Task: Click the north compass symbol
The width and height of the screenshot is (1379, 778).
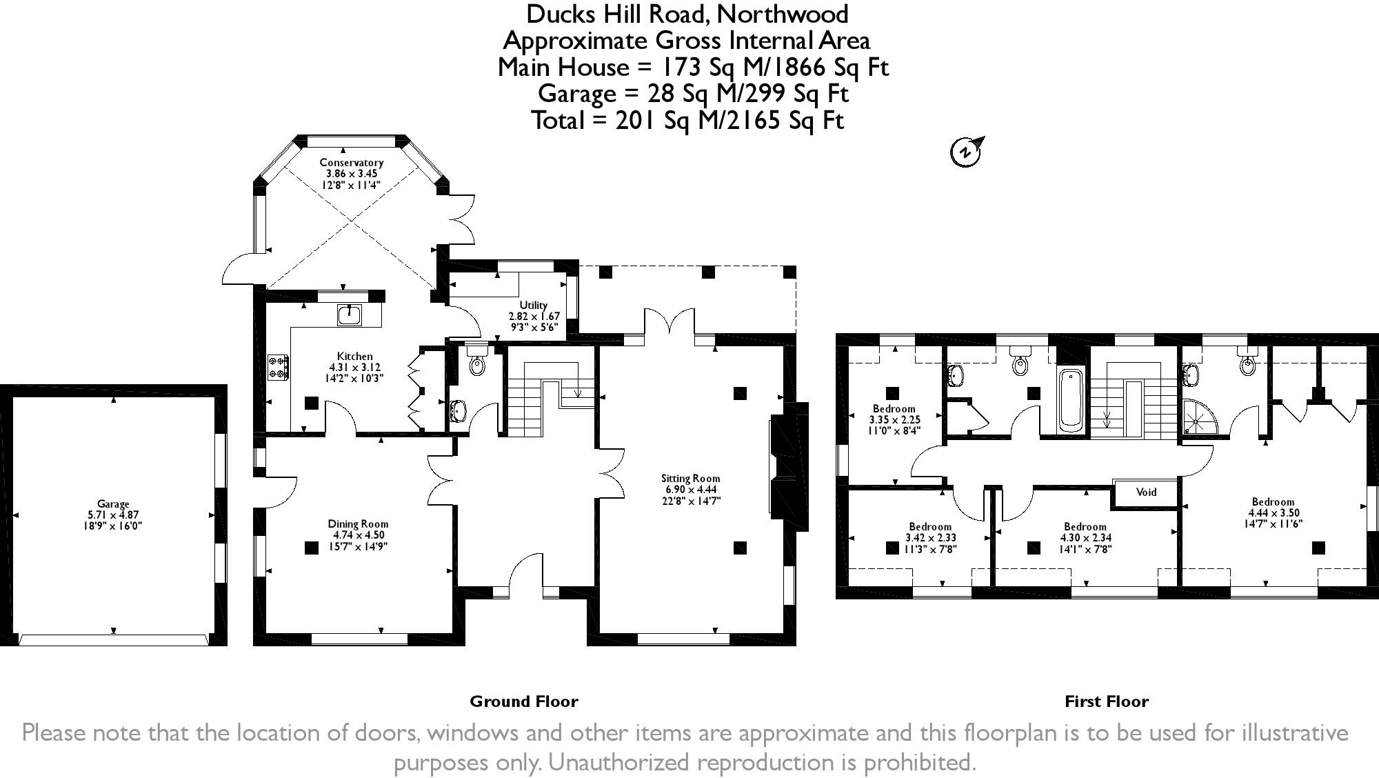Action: point(967,151)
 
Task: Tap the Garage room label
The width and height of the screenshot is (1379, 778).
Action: point(113,504)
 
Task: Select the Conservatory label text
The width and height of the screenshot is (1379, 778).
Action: point(351,163)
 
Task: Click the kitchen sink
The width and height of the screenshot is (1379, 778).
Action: point(350,315)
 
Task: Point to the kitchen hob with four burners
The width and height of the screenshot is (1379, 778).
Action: point(278,366)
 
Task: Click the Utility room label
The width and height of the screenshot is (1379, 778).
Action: point(534,305)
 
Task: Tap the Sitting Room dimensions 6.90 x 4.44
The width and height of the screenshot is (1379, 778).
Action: point(690,490)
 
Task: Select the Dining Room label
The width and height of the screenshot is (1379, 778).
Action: point(358,524)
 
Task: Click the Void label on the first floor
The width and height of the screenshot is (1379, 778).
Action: point(1146,492)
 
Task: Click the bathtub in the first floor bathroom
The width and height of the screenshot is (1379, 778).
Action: point(1071,399)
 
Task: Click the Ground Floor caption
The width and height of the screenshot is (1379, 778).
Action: point(524,701)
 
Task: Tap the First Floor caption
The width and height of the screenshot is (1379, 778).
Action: point(1106,701)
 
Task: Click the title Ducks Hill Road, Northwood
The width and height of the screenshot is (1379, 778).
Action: point(687,14)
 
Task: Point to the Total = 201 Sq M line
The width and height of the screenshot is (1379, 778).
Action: point(687,121)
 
